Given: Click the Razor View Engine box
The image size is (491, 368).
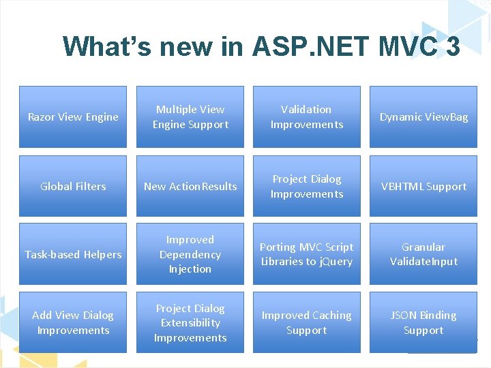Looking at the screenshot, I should tap(73, 117).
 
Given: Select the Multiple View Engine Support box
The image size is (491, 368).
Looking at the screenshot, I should tap(190, 117).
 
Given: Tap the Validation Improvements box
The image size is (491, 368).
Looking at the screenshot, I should tap(307, 117).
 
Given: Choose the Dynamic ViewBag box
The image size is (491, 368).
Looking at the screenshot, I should tap(423, 117).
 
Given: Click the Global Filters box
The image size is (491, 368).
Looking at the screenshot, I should tap(73, 186).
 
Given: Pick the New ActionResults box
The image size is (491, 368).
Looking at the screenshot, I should tap(190, 186).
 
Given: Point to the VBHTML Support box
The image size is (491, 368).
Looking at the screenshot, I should tap(423, 186).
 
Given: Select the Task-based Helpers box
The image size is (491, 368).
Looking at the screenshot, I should tap(73, 254).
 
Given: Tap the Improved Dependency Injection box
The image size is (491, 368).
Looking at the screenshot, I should tap(190, 254).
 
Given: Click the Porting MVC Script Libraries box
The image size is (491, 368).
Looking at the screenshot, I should tap(307, 254).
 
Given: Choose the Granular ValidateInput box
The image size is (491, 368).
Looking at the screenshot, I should tap(423, 254).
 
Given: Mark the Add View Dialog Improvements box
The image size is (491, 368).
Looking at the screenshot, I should tap(73, 322).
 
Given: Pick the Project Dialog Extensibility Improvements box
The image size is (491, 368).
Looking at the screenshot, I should tap(190, 322).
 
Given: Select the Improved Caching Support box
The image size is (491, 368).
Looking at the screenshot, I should tap(307, 322).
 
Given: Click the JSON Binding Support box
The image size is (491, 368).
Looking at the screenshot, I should tap(423, 322).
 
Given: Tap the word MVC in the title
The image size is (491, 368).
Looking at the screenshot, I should tap(406, 46).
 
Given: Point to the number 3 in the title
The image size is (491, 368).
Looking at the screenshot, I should tap(452, 46).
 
